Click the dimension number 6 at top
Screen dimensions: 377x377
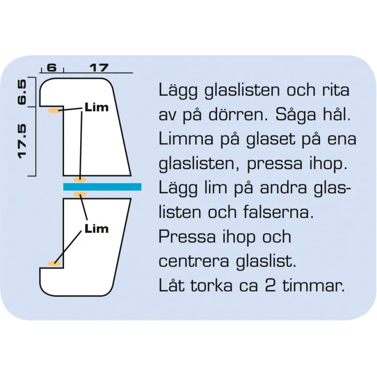point(52,67)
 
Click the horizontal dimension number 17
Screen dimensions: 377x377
point(99,68)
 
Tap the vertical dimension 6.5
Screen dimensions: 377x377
point(22,92)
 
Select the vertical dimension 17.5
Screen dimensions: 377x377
point(22,141)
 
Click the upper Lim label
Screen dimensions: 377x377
point(97,107)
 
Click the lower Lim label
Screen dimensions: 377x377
point(97,229)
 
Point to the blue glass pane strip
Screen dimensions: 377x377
point(102,187)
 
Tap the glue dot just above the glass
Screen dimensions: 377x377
point(80,180)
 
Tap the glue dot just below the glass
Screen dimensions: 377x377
point(80,194)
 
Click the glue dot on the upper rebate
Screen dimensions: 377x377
point(54,111)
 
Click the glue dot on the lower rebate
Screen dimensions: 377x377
point(54,263)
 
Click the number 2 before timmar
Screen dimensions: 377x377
point(270,286)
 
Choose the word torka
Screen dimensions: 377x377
point(212,285)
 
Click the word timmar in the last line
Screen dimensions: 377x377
point(313,285)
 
